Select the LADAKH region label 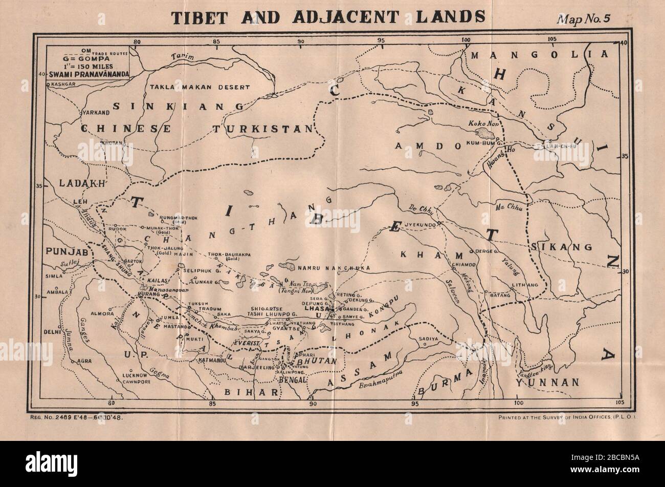coord(75,183)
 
